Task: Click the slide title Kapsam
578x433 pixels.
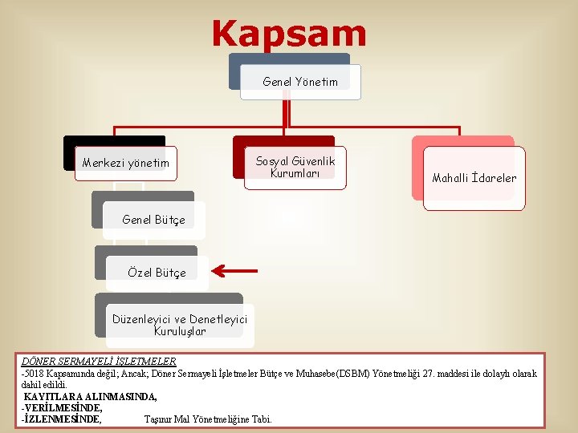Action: [x=289, y=34]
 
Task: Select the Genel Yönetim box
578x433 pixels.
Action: [x=300, y=82]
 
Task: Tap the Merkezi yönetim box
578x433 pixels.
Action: [x=126, y=164]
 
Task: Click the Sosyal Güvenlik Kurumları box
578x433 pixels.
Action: [x=295, y=167]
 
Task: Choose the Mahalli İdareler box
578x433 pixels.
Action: [x=474, y=178]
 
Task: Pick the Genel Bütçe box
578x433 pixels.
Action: [x=153, y=220]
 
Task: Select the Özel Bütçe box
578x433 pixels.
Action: [x=157, y=273]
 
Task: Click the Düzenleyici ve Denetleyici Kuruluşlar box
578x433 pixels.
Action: [x=180, y=326]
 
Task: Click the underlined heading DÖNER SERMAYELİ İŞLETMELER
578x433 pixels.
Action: [x=99, y=362]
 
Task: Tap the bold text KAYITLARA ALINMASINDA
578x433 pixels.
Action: [x=90, y=397]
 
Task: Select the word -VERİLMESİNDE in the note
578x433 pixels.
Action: [x=62, y=407]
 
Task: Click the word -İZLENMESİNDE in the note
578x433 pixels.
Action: [x=61, y=419]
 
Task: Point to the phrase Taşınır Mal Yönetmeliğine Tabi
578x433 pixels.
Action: [x=208, y=419]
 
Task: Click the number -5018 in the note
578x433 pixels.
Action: [x=35, y=374]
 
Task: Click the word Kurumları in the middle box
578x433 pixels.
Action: [x=295, y=173]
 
